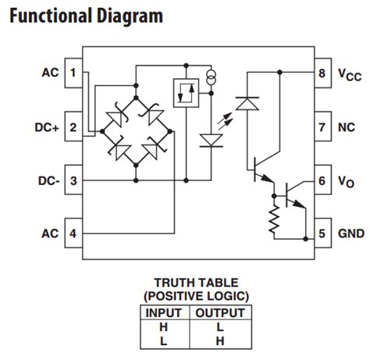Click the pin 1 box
(x=73, y=73)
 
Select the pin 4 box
(x=73, y=233)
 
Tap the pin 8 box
(x=323, y=73)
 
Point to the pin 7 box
(x=323, y=127)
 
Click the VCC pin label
(x=350, y=74)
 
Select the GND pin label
(x=351, y=233)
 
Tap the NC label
(x=347, y=127)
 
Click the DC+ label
(x=47, y=127)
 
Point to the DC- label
(x=49, y=181)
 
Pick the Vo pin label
(x=346, y=182)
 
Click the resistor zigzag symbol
(x=274, y=219)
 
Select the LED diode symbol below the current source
(x=211, y=141)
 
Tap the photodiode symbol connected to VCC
(x=247, y=103)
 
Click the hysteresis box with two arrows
(x=186, y=93)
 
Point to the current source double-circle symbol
(x=212, y=77)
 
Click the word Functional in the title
(x=52, y=16)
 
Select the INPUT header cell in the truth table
(x=164, y=312)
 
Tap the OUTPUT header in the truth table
(x=220, y=312)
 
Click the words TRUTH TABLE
(x=196, y=283)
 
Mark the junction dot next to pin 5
(x=306, y=239)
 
